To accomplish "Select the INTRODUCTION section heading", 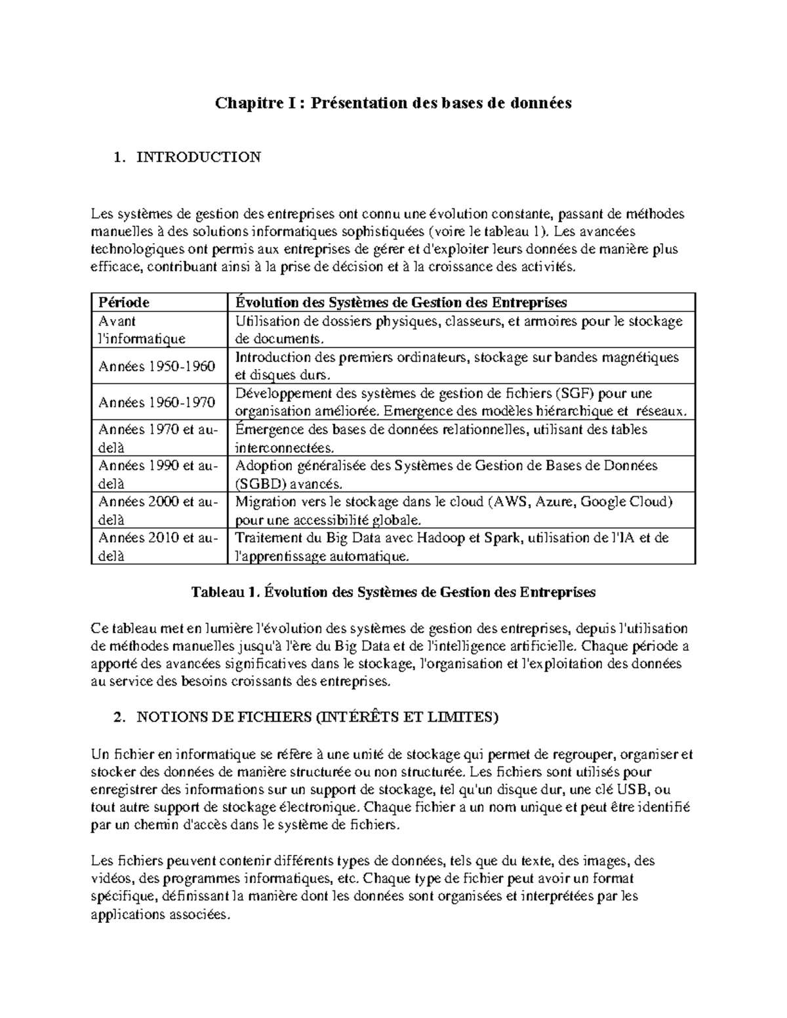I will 198,157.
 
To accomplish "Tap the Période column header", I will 124,302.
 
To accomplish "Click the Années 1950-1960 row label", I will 157,366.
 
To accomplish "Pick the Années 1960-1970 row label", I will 157,402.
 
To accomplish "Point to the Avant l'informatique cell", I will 142,330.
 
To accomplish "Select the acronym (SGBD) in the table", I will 260,484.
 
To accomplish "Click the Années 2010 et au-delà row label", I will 157,547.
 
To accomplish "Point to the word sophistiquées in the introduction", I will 369,231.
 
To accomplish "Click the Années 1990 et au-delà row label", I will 157,475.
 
